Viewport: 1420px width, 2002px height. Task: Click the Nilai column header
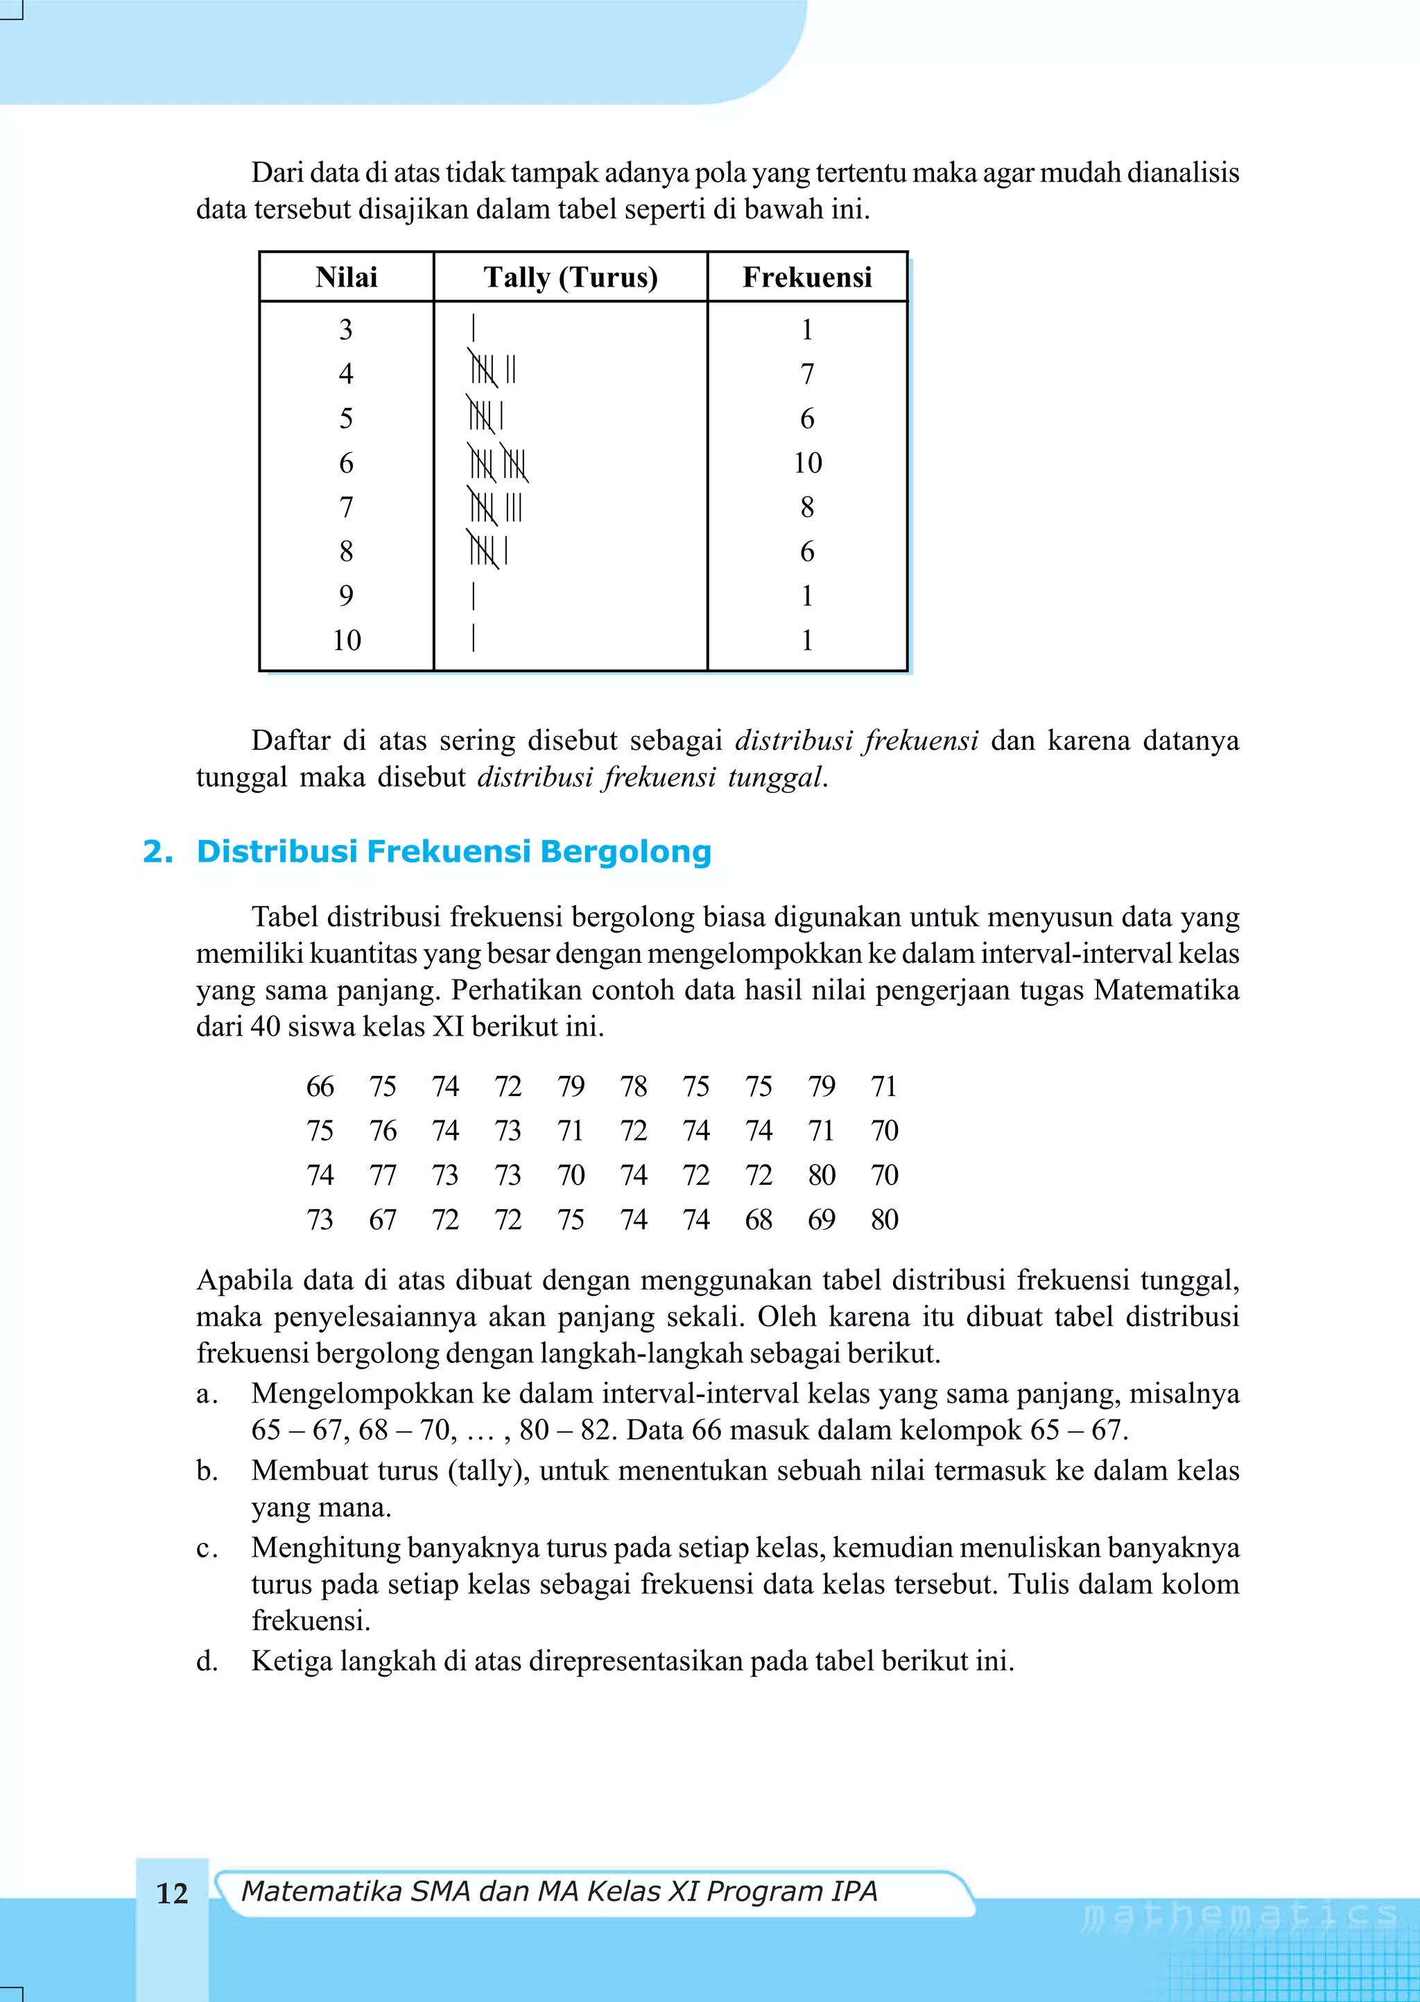tap(346, 277)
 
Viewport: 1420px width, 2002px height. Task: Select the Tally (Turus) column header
tap(570, 277)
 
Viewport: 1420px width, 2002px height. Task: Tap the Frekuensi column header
tap(807, 277)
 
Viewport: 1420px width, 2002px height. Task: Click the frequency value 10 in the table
tap(807, 463)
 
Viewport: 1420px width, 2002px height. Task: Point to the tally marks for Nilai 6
tap(498, 463)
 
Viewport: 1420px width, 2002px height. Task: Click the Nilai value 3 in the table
tap(346, 330)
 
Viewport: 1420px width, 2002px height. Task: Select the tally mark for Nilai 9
tap(473, 596)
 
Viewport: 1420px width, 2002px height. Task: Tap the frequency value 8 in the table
tap(807, 507)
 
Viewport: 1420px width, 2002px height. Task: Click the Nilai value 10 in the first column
tap(346, 640)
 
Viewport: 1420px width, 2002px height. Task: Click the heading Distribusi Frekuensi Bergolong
tap(454, 851)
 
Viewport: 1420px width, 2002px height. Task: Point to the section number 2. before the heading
tap(157, 851)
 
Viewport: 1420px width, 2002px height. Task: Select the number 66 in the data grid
tap(320, 1086)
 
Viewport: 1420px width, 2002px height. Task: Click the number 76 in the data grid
tap(383, 1131)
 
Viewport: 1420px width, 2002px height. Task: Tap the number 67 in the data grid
tap(383, 1220)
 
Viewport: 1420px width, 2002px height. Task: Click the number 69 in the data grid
tap(821, 1220)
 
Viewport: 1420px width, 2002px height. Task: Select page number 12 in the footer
tap(172, 1894)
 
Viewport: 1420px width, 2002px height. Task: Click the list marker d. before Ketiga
tap(207, 1661)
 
